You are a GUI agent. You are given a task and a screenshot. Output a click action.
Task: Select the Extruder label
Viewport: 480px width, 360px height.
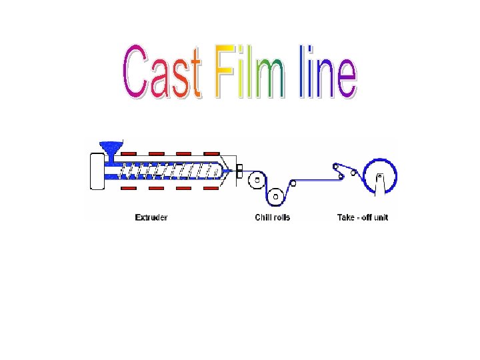tap(151, 217)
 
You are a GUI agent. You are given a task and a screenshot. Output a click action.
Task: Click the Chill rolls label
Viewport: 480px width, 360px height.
tap(273, 217)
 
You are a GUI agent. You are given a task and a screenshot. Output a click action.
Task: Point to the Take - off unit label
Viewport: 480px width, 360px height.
tap(363, 217)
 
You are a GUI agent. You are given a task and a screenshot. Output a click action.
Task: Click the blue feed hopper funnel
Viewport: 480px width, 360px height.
tap(107, 147)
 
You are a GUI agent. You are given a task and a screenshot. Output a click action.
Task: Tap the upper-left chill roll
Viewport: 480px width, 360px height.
tap(255, 180)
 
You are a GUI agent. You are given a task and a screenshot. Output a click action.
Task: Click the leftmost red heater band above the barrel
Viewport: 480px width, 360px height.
tap(129, 153)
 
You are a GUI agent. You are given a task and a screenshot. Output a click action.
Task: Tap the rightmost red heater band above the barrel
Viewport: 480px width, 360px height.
tap(212, 153)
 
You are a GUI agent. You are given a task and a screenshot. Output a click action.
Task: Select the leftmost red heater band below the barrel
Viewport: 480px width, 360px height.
tap(129, 189)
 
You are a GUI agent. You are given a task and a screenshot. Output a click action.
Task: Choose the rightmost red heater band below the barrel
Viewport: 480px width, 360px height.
tap(212, 189)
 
